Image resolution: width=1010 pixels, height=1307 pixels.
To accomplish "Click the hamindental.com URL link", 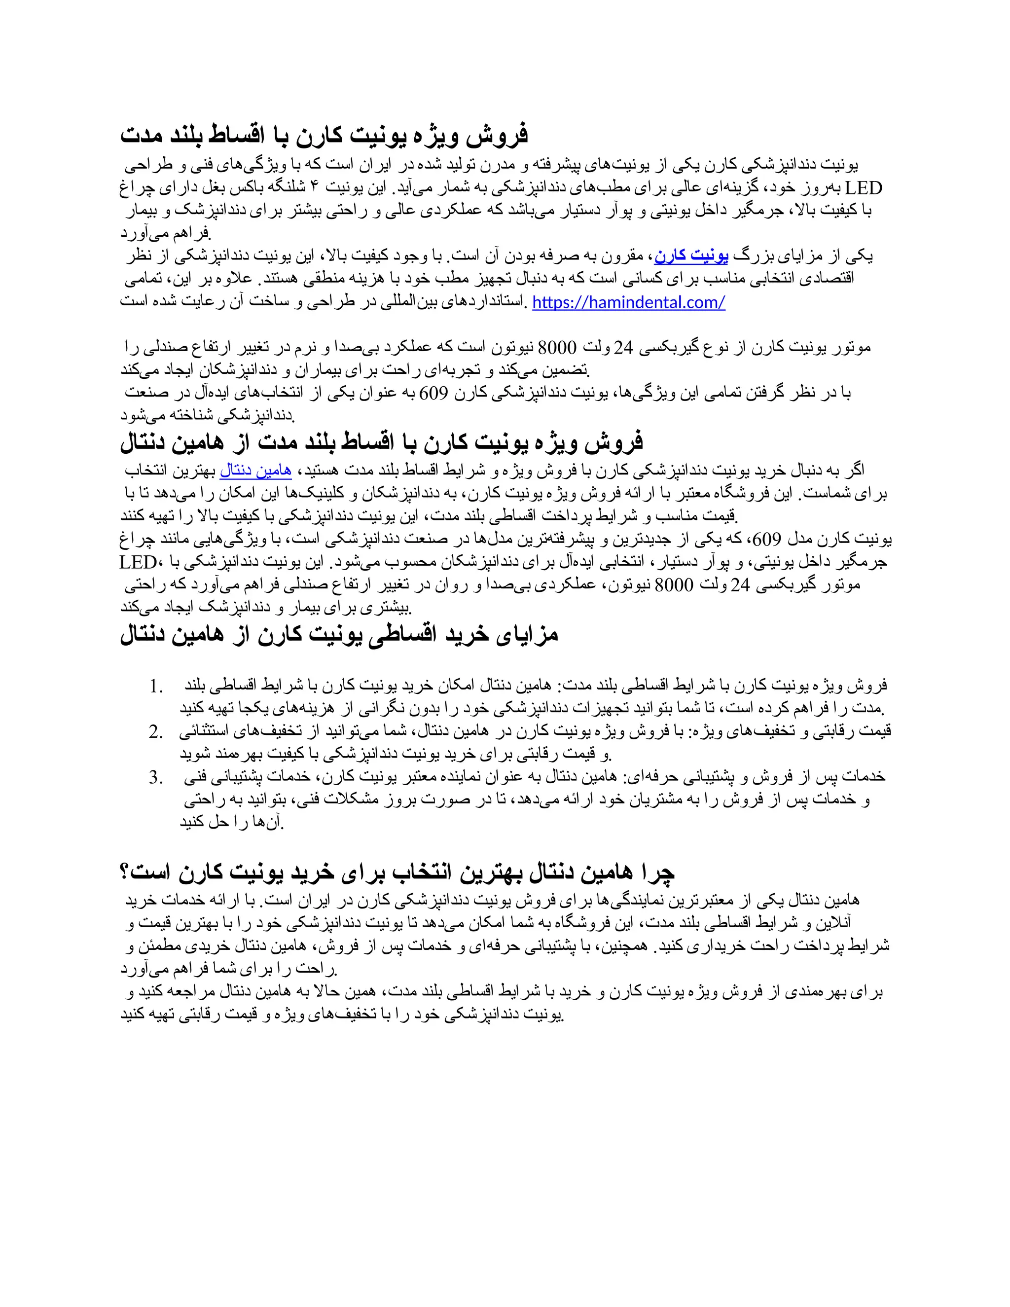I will [x=628, y=303].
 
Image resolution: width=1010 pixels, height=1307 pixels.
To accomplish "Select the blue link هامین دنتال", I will [x=255, y=471].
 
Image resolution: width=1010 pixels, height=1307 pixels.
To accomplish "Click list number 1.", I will [x=157, y=687].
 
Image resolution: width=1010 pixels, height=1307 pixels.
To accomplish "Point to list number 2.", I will [x=156, y=732].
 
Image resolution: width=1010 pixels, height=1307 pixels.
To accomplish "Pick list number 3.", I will [x=156, y=777].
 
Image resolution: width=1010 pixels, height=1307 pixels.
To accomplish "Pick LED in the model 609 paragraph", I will [x=138, y=563].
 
